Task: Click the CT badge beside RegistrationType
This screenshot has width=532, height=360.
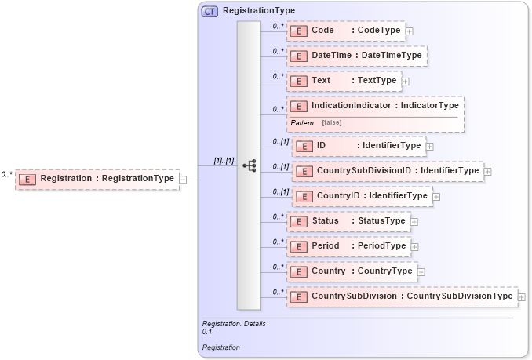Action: click(x=210, y=12)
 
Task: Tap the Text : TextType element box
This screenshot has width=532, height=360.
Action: click(x=344, y=81)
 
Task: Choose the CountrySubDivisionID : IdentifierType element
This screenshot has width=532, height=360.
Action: click(x=387, y=170)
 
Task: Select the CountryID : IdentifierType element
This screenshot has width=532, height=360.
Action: click(x=362, y=195)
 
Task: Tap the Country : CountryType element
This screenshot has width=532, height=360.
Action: click(x=352, y=271)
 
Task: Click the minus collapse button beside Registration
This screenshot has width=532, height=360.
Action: click(x=183, y=179)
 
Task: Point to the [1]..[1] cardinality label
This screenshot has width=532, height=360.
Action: click(x=224, y=160)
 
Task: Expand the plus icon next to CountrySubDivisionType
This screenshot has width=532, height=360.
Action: click(x=522, y=296)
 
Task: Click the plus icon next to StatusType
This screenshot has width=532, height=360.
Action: click(x=414, y=221)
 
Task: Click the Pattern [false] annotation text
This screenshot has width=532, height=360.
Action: click(x=315, y=123)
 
